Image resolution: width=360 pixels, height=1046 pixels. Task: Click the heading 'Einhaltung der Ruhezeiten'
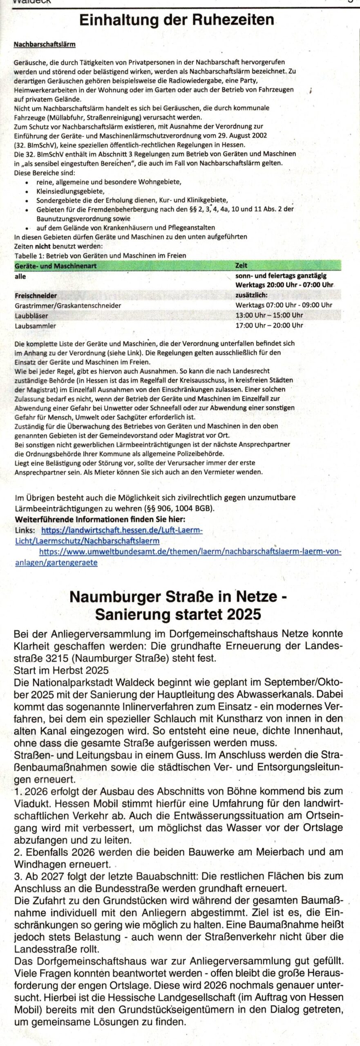click(177, 20)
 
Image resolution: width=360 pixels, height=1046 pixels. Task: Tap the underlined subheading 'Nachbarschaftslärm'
click(45, 45)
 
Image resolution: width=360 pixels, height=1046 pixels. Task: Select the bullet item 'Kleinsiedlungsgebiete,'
click(70, 191)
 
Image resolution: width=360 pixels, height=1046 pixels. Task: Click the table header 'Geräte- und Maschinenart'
click(56, 266)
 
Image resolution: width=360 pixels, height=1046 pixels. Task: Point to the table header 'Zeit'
click(241, 266)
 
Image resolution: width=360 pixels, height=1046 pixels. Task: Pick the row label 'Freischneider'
click(36, 295)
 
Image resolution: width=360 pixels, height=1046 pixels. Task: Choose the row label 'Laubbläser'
click(31, 315)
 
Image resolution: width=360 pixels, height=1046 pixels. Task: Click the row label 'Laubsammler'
click(36, 326)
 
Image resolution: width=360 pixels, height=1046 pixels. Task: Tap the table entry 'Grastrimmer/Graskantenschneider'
click(68, 305)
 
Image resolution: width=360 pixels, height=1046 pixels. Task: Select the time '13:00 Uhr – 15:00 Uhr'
click(269, 315)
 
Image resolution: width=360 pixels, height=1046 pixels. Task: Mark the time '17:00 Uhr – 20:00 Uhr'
click(269, 325)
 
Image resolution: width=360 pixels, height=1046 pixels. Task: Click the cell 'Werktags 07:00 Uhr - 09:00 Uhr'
click(284, 305)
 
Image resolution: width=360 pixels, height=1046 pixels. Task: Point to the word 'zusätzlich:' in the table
click(251, 295)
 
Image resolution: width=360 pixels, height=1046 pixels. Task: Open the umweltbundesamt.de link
click(190, 551)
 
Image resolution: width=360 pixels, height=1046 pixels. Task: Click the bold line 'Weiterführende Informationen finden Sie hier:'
click(100, 519)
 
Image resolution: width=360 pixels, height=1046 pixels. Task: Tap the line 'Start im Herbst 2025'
click(61, 670)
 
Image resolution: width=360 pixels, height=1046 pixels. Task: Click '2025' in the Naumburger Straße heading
click(242, 614)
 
